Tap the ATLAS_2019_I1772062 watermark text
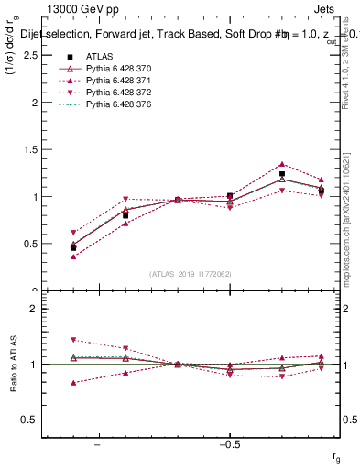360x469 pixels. tap(191, 273)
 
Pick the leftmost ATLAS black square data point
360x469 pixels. tap(73, 247)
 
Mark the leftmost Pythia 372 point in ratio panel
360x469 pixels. tap(73, 340)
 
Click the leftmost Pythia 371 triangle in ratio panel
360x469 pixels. tap(73, 382)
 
